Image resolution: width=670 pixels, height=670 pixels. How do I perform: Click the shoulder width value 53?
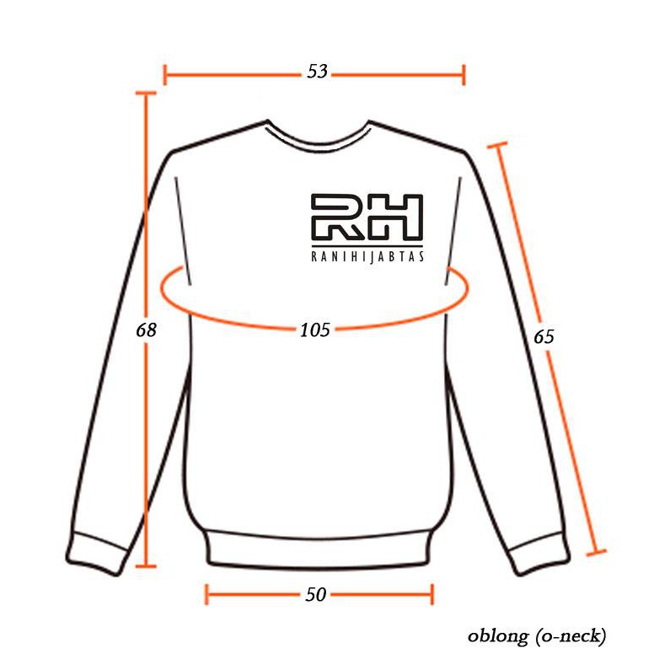(x=317, y=72)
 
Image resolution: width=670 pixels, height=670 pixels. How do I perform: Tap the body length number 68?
(x=146, y=330)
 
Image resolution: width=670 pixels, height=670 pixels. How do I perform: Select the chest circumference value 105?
(x=315, y=330)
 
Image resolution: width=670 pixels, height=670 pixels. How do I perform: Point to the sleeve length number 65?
(x=544, y=337)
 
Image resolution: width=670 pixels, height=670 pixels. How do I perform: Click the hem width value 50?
(x=316, y=594)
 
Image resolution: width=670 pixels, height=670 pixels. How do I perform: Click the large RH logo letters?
(x=367, y=217)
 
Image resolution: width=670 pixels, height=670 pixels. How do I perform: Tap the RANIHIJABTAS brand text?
(x=367, y=256)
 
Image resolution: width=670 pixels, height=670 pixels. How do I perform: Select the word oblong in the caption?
(x=498, y=635)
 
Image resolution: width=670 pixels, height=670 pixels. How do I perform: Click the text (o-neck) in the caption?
(x=571, y=635)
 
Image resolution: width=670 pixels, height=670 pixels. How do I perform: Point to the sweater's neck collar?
(x=318, y=137)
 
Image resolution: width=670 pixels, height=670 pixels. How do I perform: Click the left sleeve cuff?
(x=97, y=554)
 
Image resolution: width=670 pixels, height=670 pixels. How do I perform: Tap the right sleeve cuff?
(x=539, y=554)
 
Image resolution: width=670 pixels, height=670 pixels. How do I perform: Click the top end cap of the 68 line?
(x=146, y=93)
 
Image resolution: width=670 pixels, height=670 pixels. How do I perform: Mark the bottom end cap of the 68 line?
(x=146, y=566)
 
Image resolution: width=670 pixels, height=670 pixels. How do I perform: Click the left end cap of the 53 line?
(x=165, y=75)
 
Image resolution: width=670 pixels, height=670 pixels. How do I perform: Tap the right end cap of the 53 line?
(x=464, y=75)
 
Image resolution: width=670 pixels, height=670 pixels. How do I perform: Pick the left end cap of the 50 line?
(x=206, y=594)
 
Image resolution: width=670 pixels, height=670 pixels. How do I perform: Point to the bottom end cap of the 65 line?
(x=596, y=553)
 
